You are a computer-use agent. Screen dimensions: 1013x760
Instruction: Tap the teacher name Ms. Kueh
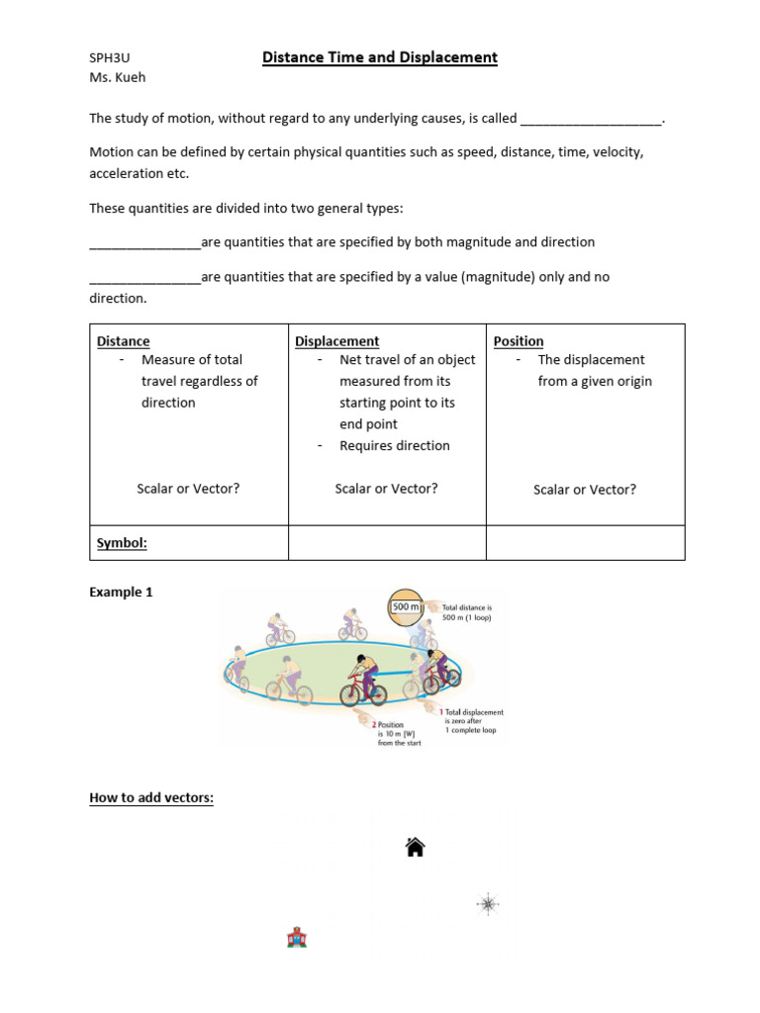(117, 78)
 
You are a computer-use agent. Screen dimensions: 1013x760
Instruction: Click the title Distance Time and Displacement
(379, 57)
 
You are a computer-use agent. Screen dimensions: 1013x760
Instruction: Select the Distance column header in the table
(123, 341)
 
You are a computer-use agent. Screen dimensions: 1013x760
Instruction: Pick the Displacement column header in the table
(337, 341)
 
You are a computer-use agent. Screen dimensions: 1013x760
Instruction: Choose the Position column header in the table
(519, 341)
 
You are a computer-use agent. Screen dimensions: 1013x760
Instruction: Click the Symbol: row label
(122, 543)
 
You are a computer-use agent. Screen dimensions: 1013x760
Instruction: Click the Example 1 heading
(121, 593)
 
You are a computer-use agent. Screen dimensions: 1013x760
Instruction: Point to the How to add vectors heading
(150, 797)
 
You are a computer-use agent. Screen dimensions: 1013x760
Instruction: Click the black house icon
(416, 847)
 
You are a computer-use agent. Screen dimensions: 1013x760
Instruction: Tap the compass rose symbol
(488, 903)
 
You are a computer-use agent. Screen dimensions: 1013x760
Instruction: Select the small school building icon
(296, 937)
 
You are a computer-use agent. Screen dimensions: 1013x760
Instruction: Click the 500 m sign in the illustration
(407, 606)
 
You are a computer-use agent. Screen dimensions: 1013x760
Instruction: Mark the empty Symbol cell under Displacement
(387, 543)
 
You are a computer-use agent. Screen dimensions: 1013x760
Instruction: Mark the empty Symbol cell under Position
(585, 543)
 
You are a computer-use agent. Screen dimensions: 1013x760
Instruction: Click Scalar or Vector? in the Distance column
(188, 489)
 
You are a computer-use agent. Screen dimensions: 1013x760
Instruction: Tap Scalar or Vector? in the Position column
(585, 490)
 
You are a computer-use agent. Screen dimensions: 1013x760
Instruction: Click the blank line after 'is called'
(591, 120)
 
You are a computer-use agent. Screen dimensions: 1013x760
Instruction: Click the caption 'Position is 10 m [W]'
(399, 733)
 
